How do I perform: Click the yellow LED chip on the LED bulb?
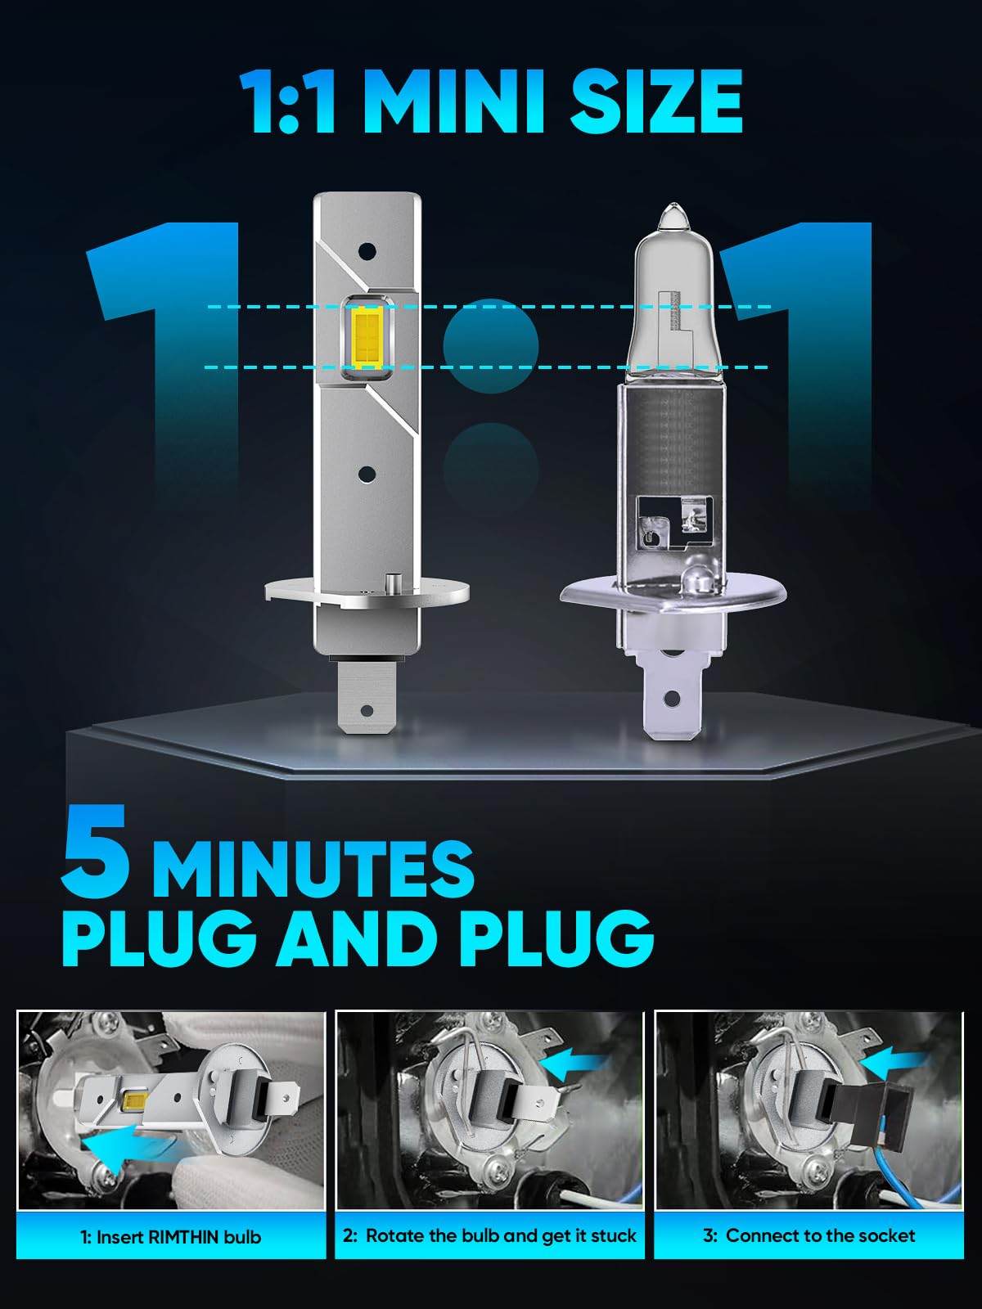pos(367,338)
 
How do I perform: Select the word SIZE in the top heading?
pos(656,101)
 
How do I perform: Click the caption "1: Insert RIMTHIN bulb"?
pos(171,1237)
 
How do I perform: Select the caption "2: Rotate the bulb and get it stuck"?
pos(489,1235)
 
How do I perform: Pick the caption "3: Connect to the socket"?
pos(809,1235)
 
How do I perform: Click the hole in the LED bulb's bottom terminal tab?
pos(367,711)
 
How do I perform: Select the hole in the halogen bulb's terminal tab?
pos(672,697)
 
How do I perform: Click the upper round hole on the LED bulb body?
pos(367,251)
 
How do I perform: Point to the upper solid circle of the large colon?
pos(491,347)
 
